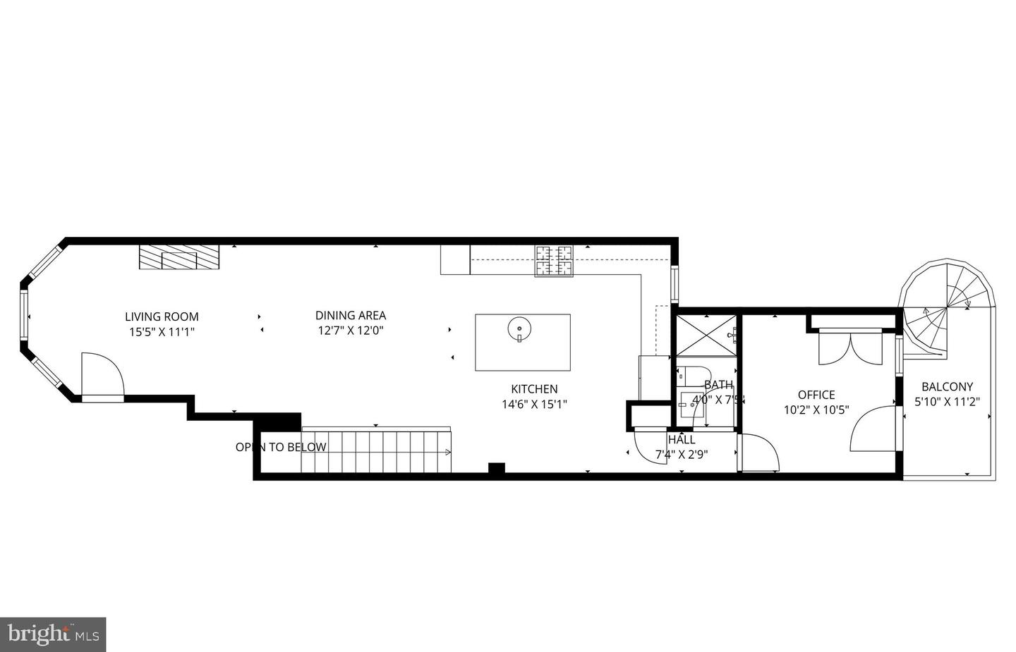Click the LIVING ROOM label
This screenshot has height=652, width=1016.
[162, 317]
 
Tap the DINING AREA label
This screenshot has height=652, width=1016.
[351, 316]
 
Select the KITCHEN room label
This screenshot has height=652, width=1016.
[534, 389]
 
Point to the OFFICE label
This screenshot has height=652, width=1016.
[816, 395]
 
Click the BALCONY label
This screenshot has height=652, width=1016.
[947, 387]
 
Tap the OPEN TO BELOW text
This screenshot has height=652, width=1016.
[281, 447]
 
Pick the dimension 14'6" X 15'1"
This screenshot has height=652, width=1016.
[534, 405]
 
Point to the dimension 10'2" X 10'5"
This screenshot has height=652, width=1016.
[816, 410]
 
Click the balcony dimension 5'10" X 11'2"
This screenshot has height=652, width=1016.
[947, 402]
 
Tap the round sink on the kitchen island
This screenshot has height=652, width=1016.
[519, 328]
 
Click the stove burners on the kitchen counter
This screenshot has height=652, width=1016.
[554, 260]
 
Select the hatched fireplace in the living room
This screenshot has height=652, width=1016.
[179, 257]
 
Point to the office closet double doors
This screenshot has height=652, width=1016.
[850, 348]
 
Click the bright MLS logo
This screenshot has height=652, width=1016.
[53, 635]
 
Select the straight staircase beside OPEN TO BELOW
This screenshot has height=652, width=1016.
[376, 453]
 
